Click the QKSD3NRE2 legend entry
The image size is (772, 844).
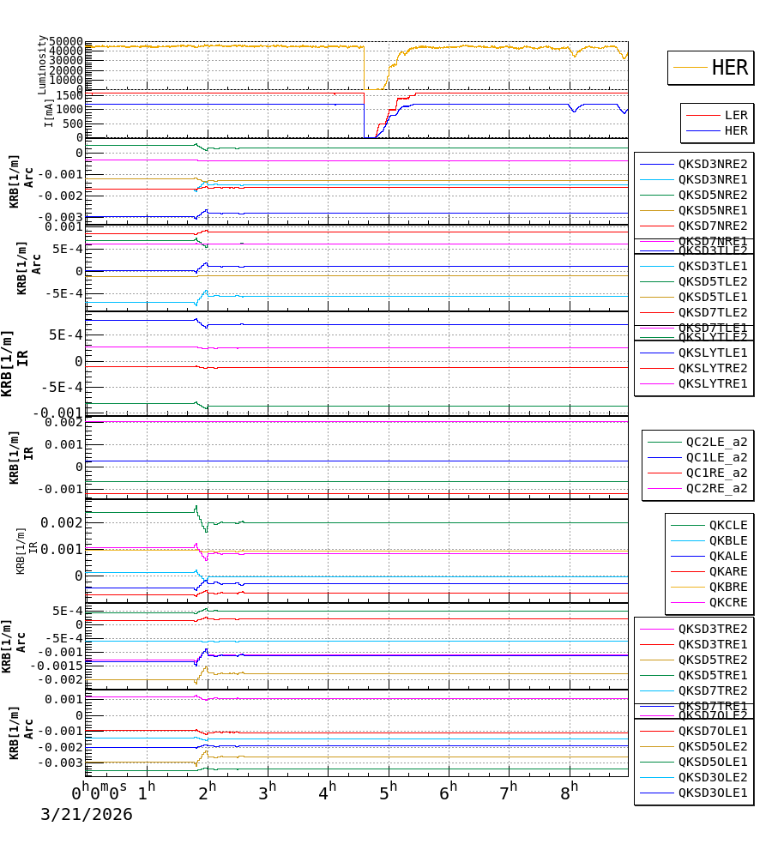pyautogui.click(x=713, y=164)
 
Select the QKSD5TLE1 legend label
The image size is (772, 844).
pyautogui.click(x=713, y=297)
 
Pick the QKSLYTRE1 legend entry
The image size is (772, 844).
pyautogui.click(x=713, y=383)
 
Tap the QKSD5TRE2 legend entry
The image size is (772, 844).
pyautogui.click(x=713, y=660)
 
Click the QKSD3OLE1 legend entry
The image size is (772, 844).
pyautogui.click(x=713, y=793)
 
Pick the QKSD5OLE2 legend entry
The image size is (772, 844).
pyautogui.click(x=713, y=746)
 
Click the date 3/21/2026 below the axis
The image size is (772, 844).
pyautogui.click(x=87, y=814)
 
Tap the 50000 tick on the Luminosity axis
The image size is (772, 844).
pyautogui.click(x=65, y=42)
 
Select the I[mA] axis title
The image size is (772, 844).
pyautogui.click(x=49, y=112)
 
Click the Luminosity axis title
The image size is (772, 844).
pyautogui.click(x=42, y=64)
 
